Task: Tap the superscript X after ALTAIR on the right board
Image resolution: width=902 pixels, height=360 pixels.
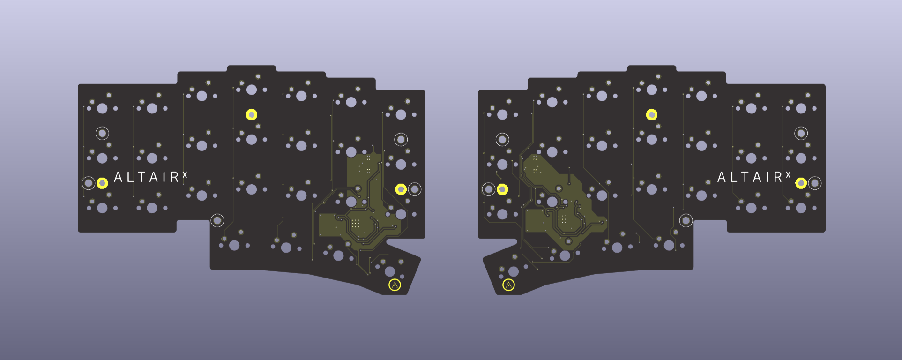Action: coord(788,175)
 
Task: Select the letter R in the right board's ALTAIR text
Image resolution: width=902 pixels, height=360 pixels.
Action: coord(777,177)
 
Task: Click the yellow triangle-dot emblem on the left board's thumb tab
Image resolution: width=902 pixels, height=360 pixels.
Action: coord(395,285)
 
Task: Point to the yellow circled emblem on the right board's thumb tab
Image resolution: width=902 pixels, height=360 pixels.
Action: coord(508,285)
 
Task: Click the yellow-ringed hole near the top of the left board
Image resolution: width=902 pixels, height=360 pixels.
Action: coord(252,114)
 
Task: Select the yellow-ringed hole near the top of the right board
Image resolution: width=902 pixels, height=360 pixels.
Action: coord(652,114)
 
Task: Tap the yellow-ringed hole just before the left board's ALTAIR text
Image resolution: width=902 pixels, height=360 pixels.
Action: coord(102,183)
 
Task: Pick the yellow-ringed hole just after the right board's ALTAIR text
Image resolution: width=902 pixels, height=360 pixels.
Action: coord(801,183)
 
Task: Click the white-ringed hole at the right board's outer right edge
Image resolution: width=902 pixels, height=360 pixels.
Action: coord(815,183)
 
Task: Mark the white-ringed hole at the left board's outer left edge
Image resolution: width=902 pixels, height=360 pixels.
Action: coord(89,183)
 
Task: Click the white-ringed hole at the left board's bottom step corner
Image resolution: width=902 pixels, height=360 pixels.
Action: coord(217,220)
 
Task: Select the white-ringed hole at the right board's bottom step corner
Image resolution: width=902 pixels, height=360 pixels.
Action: coord(686,220)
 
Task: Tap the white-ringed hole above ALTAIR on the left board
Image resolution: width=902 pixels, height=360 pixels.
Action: coord(102,133)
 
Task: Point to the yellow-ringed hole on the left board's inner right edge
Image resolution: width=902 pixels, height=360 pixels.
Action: coord(401,189)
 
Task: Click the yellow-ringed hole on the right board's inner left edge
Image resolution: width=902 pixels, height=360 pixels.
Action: coord(502,189)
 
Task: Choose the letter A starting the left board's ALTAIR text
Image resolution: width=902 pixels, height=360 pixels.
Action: coord(119,177)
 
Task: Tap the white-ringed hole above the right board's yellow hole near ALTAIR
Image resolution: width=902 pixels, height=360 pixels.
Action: coord(801,133)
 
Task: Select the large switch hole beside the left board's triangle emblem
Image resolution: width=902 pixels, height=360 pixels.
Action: coord(389,271)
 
